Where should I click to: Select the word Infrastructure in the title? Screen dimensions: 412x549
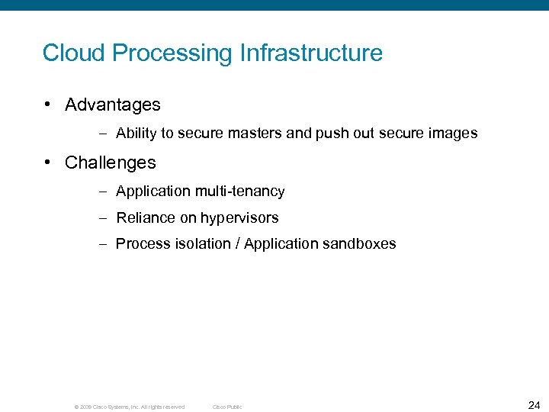pos(311,53)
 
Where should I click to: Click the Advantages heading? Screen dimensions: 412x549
pos(113,105)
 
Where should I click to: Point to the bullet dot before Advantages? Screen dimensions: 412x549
pos(49,105)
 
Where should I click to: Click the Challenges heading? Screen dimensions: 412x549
pos(111,163)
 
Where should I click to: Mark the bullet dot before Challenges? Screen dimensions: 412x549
pos(49,163)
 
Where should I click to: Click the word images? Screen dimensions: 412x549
pos(453,134)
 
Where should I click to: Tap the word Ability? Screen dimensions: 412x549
pos(136,134)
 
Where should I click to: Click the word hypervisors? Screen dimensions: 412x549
pos(239,218)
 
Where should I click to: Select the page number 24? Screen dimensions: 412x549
pos(534,404)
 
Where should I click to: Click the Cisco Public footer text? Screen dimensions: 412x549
pos(227,407)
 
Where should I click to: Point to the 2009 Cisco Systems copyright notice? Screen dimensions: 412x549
pos(129,407)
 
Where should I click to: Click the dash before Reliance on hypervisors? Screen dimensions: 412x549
pos(103,218)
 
